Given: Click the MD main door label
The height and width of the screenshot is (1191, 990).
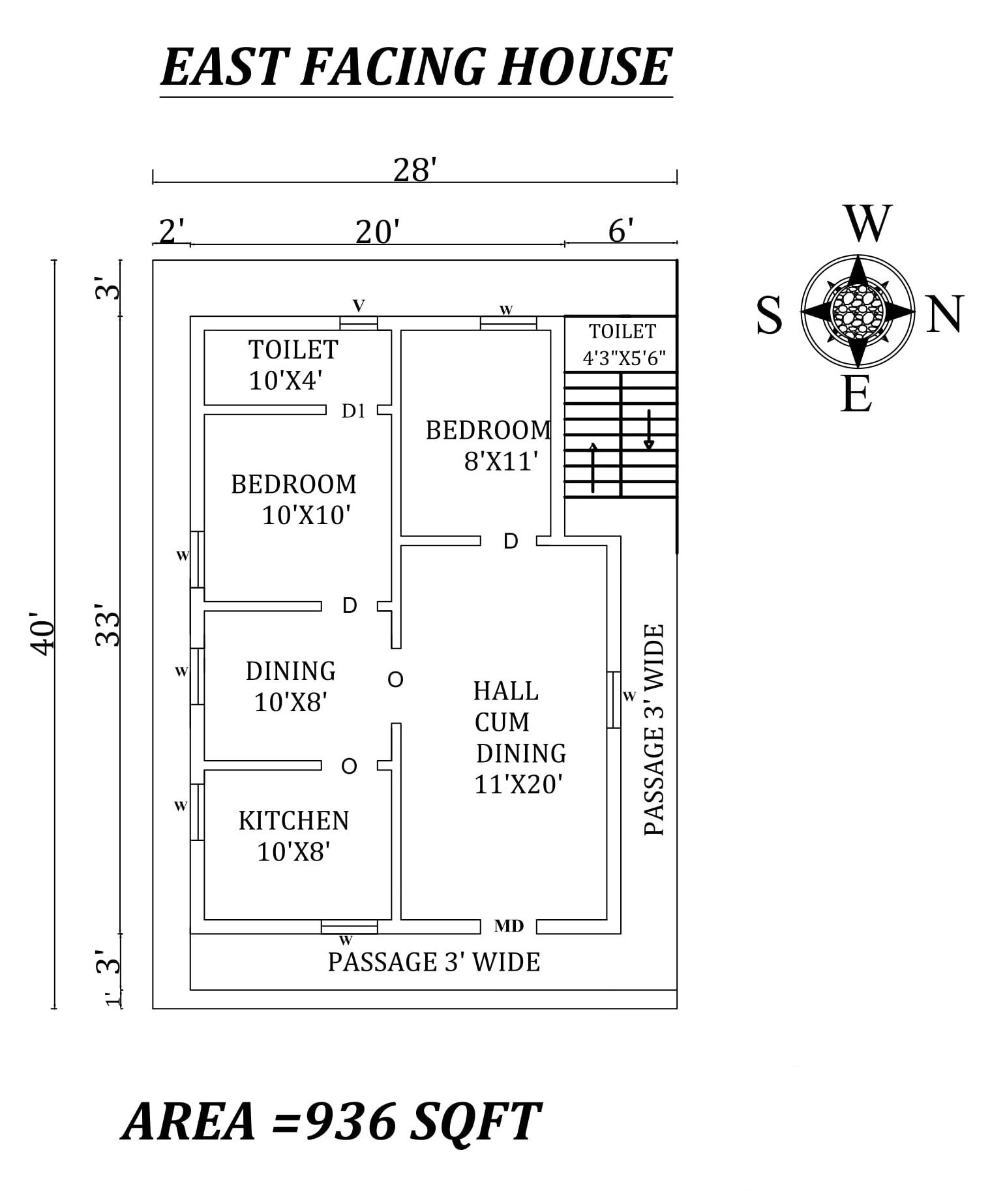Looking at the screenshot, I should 509,926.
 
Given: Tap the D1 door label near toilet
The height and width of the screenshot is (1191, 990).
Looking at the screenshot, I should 353,411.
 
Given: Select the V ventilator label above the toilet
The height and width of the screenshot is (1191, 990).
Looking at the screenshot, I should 359,305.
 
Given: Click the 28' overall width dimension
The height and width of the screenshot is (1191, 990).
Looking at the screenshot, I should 414,171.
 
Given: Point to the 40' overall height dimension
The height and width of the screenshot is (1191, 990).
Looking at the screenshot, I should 42,634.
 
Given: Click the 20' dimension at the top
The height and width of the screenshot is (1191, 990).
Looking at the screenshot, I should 377,232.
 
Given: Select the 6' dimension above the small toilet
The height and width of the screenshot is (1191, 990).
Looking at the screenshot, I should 621,231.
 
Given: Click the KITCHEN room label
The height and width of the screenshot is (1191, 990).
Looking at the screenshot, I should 293,821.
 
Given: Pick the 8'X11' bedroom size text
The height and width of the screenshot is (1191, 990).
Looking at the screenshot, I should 501,462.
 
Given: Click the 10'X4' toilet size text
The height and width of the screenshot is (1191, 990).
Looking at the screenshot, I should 286,381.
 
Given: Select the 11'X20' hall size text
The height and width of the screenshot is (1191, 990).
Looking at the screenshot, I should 518,785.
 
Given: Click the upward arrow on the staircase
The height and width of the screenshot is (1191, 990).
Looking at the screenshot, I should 593,467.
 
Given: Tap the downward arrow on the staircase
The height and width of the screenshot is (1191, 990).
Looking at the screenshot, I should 649,430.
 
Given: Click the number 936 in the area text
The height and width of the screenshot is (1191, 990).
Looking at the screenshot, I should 350,1121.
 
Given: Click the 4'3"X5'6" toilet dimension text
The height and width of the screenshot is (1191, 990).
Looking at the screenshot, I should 623,357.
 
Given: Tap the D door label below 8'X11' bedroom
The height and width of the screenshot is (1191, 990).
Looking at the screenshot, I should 511,541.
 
